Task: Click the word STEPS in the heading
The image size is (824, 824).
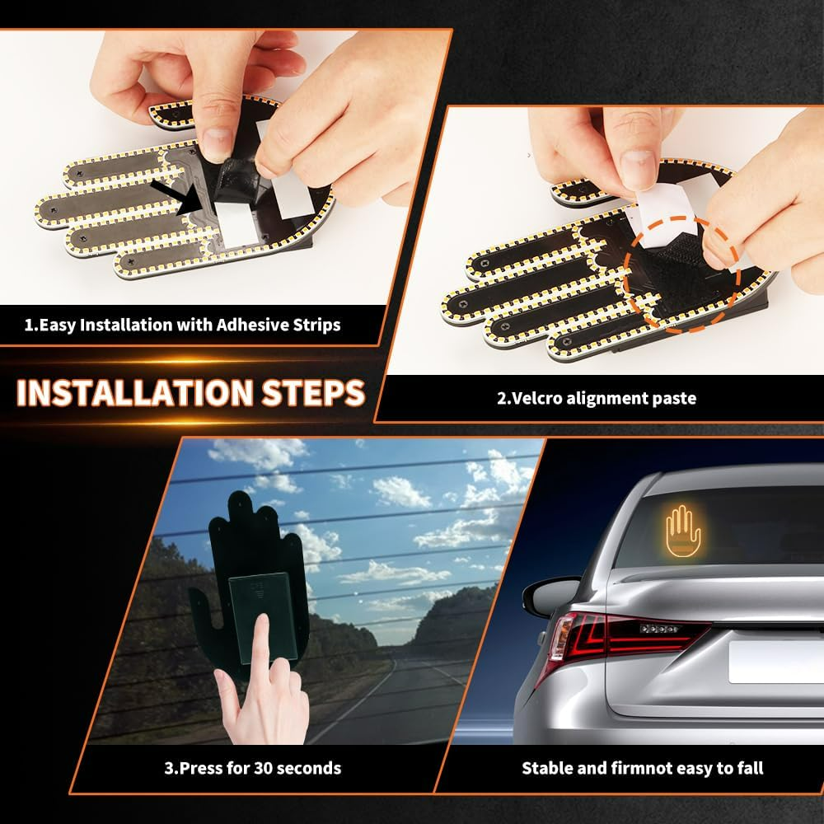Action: [316, 392]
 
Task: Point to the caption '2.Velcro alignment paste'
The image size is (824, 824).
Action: [596, 398]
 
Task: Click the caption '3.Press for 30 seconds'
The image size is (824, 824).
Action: [252, 768]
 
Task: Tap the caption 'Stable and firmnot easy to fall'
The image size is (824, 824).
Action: [642, 768]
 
